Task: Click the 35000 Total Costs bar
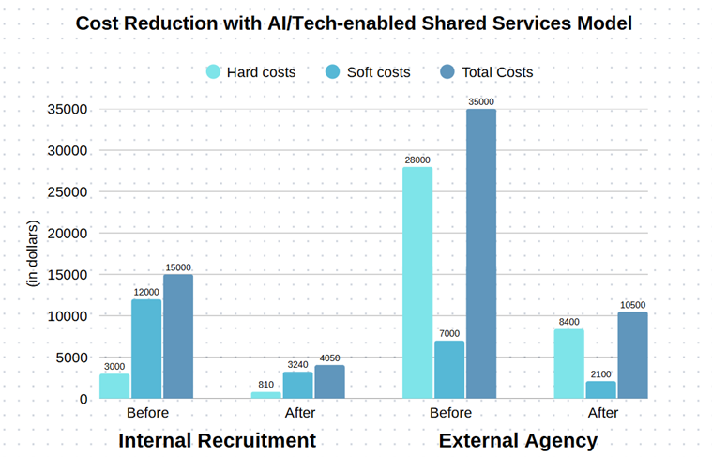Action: (480, 253)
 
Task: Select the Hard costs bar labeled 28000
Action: (417, 282)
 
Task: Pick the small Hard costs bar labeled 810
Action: (266, 395)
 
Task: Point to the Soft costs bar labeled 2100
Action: (600, 389)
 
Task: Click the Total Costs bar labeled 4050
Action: (329, 382)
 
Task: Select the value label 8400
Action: (569, 321)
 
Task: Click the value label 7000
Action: (449, 333)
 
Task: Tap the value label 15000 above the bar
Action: (177, 267)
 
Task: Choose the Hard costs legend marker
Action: (213, 71)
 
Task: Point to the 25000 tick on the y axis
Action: (67, 191)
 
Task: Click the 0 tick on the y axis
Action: (83, 399)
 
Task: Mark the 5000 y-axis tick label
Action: (70, 358)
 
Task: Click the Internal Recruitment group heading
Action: (217, 440)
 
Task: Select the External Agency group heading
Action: (518, 440)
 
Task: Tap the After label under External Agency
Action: (602, 413)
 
